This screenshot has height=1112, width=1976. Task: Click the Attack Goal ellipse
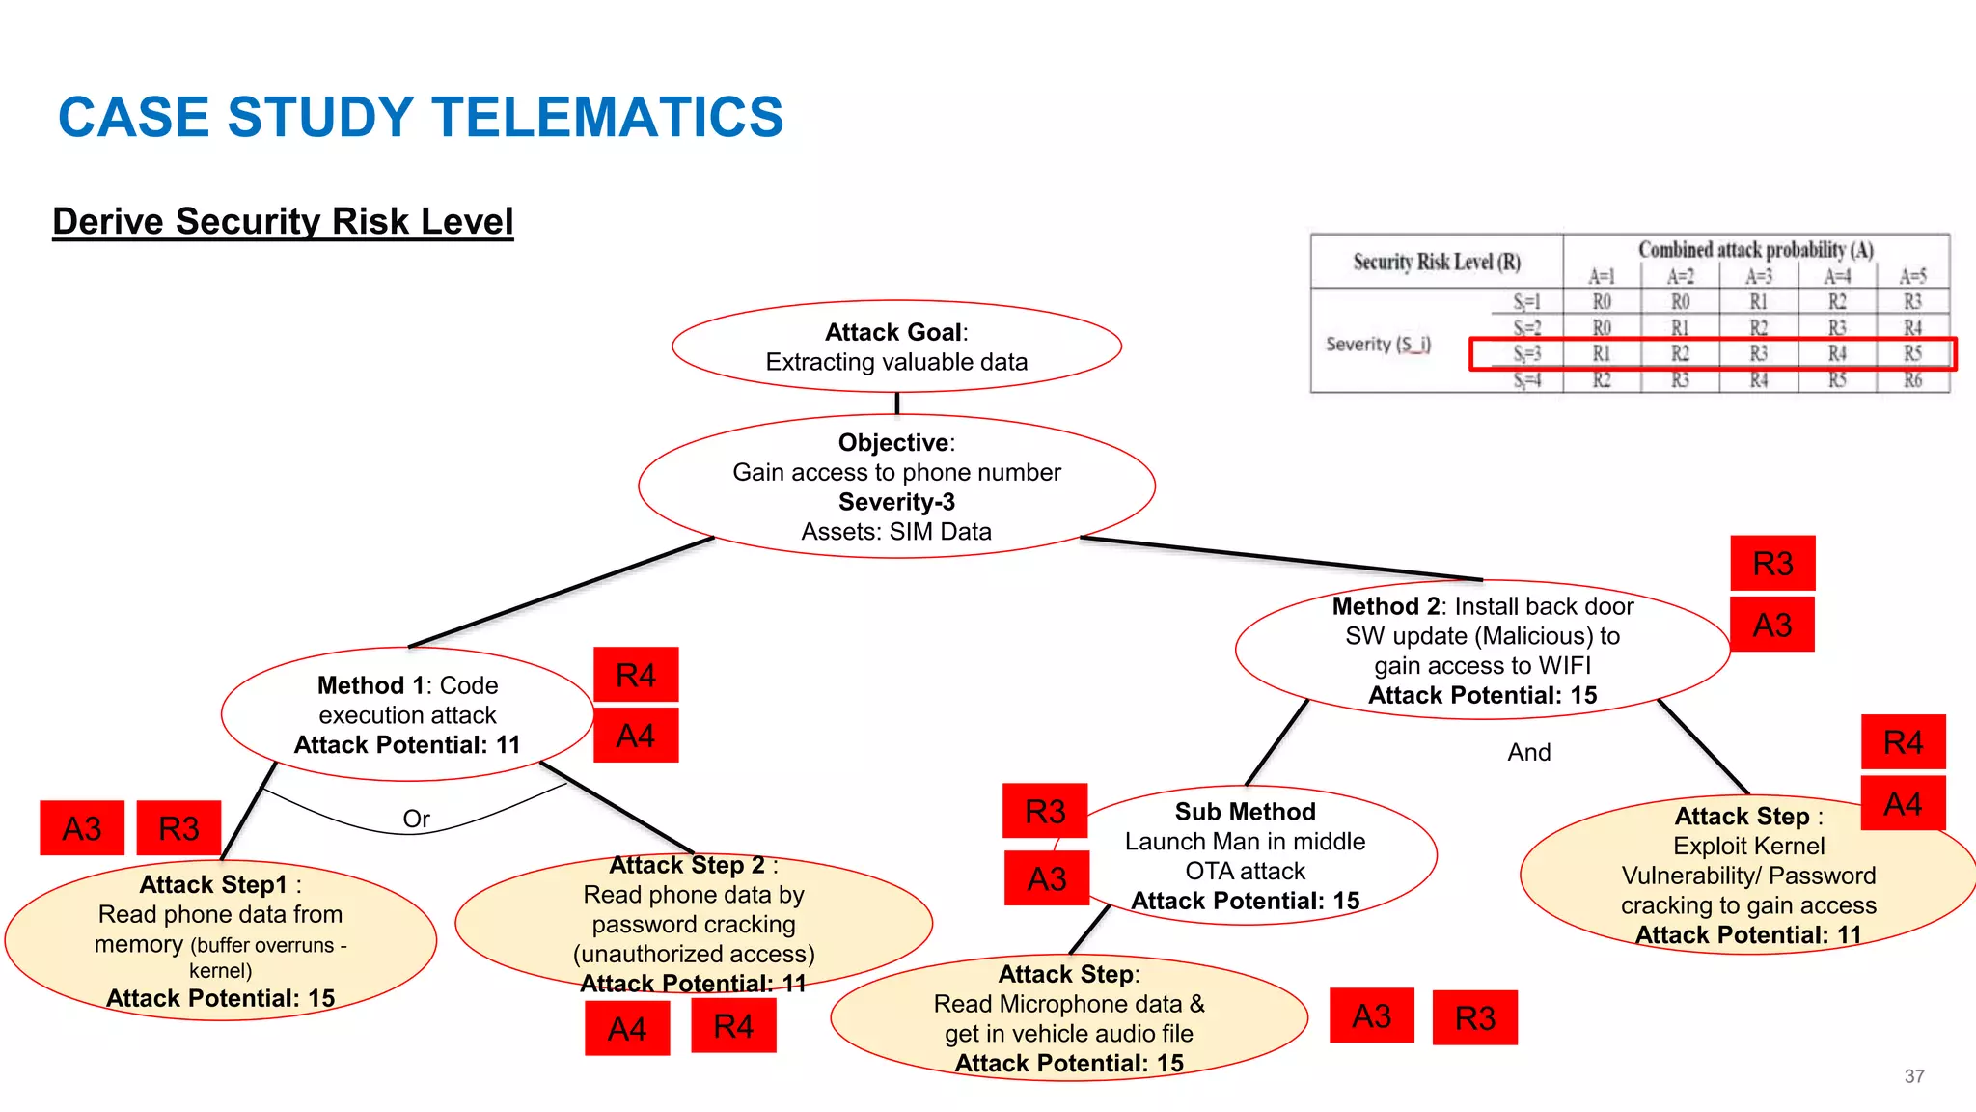pyautogui.click(x=896, y=347)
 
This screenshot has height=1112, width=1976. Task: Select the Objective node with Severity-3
pyautogui.click(x=896, y=486)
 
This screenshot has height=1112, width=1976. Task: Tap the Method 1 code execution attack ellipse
pyautogui.click(x=407, y=714)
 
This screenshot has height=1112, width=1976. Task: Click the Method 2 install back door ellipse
pyautogui.click(x=1482, y=650)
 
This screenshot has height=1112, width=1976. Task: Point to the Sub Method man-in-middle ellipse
pyautogui.click(x=1245, y=855)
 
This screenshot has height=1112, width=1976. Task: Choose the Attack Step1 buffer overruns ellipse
pyautogui.click(x=220, y=940)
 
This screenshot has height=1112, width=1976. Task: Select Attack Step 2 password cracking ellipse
pyautogui.click(x=693, y=923)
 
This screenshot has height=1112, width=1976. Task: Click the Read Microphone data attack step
pyautogui.click(x=1068, y=1018)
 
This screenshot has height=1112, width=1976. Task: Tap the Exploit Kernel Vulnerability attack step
pyautogui.click(x=1748, y=875)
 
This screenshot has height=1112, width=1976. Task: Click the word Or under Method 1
pyautogui.click(x=416, y=819)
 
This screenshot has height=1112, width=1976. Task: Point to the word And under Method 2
pyautogui.click(x=1529, y=752)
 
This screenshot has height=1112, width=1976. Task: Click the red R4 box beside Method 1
pyautogui.click(x=636, y=675)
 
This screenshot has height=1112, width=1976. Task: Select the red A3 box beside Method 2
pyautogui.click(x=1772, y=625)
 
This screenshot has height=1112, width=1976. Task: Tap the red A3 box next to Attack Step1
pyautogui.click(x=82, y=828)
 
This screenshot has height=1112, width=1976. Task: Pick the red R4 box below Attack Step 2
pyautogui.click(x=733, y=1025)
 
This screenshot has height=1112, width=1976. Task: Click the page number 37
pyautogui.click(x=1914, y=1076)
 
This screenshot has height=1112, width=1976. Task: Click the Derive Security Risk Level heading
pyautogui.click(x=283, y=221)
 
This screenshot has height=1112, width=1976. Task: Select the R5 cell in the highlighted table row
pyautogui.click(x=1912, y=353)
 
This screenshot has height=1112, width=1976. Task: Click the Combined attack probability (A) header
pyautogui.click(x=1755, y=250)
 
